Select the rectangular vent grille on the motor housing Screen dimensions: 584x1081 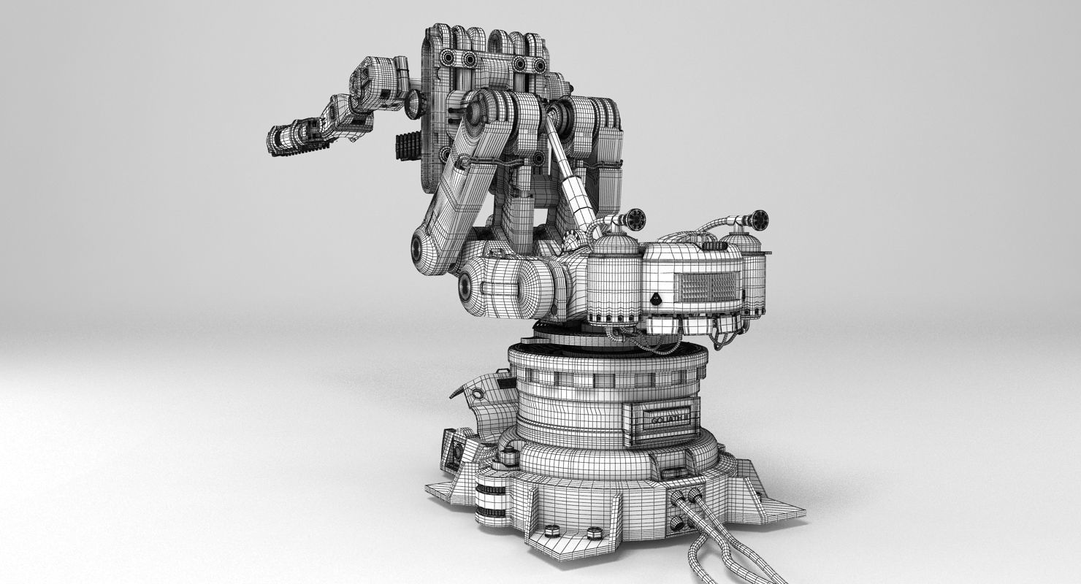[x=703, y=285]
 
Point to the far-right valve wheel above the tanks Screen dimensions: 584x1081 [x=759, y=218]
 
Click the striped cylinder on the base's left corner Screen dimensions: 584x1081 [x=490, y=497]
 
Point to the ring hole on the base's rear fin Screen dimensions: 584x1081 [x=477, y=394]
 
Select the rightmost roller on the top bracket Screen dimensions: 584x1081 [x=540, y=66]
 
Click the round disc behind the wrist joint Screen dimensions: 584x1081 [x=414, y=104]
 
